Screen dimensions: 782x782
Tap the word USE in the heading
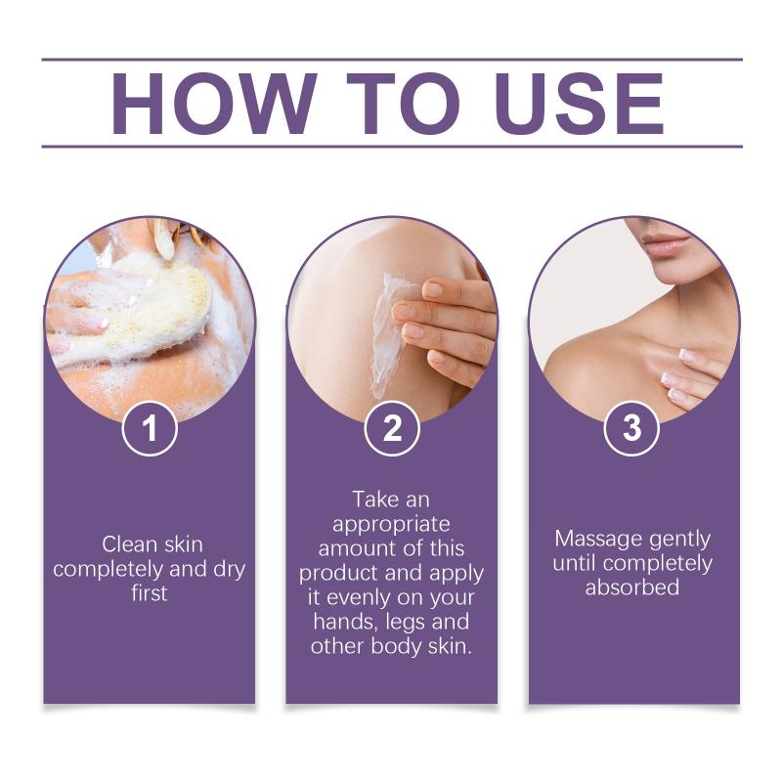pyautogui.click(x=580, y=104)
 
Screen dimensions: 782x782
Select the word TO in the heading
pyautogui.click(x=403, y=104)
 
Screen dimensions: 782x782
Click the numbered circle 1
pyautogui.click(x=150, y=428)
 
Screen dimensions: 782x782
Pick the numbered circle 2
pyautogui.click(x=392, y=428)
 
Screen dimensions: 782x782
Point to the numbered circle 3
pyautogui.click(x=631, y=428)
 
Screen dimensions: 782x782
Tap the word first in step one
pyautogui.click(x=150, y=593)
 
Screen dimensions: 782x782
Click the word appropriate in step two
pyautogui.click(x=392, y=525)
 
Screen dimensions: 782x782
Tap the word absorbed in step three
pyautogui.click(x=631, y=587)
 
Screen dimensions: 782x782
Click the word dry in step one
pyautogui.click(x=230, y=570)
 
